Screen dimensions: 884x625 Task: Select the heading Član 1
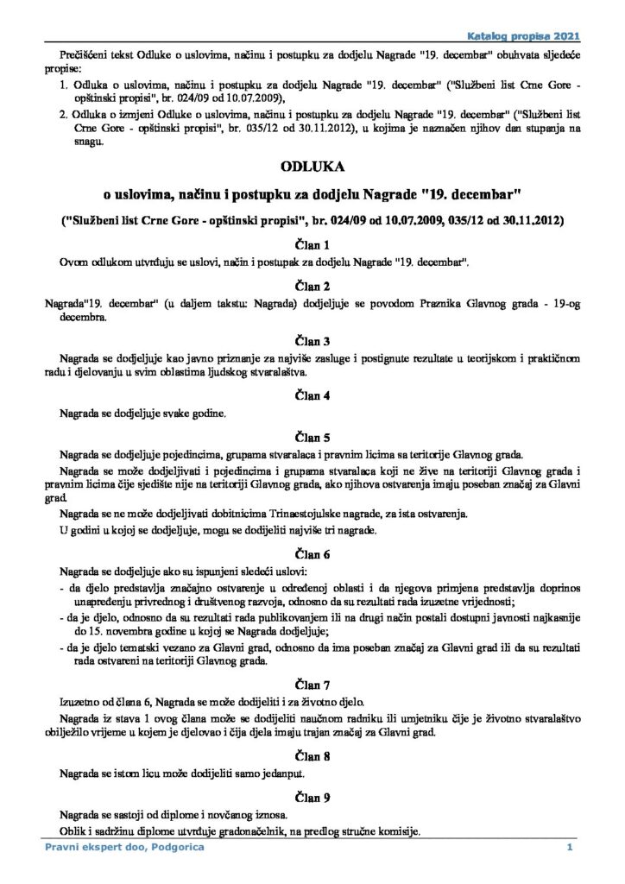[312, 244]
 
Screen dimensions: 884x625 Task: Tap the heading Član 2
[312, 285]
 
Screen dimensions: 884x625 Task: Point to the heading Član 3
[312, 339]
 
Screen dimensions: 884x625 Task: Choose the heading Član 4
[312, 395]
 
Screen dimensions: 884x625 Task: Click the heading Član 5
[312, 436]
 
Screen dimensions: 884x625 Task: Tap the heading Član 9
[312, 795]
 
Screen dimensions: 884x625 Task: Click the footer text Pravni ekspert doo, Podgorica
[112, 850]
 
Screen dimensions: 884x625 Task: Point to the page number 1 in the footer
[570, 850]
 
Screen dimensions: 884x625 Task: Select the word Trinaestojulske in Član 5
[240, 515]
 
